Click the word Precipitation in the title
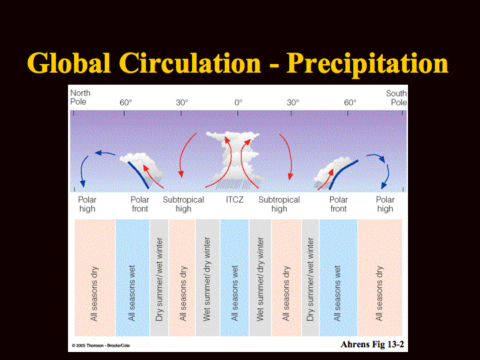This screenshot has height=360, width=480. tap(367, 64)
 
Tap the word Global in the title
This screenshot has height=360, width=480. tap(69, 63)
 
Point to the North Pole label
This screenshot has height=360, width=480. tap(80, 97)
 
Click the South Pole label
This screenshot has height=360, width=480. tap(397, 97)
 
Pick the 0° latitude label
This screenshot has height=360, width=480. tap(238, 103)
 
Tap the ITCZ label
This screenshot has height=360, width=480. tap(235, 200)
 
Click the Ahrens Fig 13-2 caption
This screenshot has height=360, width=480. tap(372, 345)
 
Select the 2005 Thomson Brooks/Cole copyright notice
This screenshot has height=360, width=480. tap(101, 345)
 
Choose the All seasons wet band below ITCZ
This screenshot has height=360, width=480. tap(235, 277)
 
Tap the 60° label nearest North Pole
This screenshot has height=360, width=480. tap(125, 103)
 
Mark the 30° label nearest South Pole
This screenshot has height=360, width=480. tap(293, 103)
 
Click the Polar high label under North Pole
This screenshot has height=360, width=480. tap(87, 204)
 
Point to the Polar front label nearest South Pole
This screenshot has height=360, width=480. tap(338, 204)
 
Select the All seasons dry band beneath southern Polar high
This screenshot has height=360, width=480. tap(380, 277)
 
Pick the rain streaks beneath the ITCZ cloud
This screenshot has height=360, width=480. tap(235, 184)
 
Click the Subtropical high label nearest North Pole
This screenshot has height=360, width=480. tap(183, 204)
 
